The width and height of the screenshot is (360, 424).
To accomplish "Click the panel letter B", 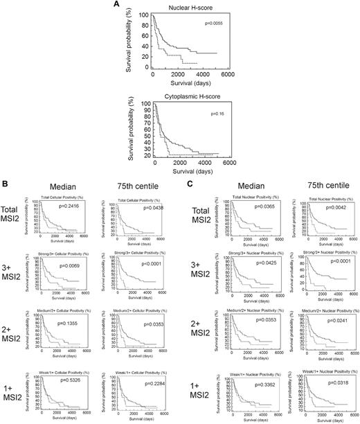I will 6,183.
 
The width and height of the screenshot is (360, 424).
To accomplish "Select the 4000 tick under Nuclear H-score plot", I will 202,73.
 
